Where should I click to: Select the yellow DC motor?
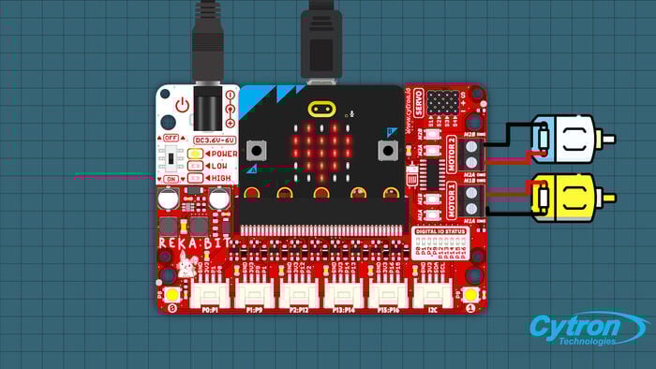564,196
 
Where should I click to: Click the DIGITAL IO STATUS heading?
441,229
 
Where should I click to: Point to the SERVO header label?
419,101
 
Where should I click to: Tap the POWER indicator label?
222,153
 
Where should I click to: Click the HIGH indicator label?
221,178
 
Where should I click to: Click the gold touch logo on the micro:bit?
321,106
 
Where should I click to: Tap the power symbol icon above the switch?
183,106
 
